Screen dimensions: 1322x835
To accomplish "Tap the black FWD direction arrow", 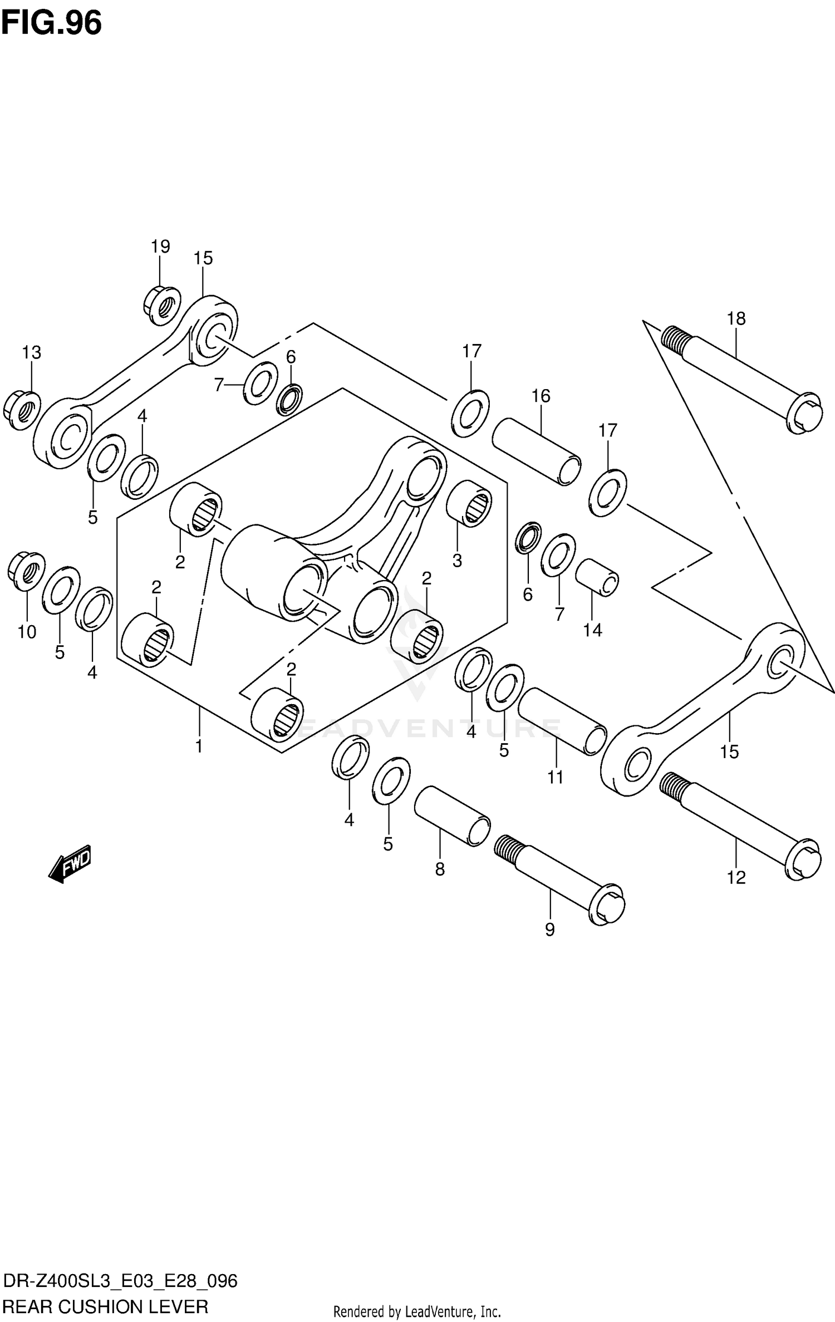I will click(x=70, y=864).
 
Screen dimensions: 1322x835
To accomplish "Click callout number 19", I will click(x=160, y=246).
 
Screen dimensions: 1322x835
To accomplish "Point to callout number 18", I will click(x=735, y=318).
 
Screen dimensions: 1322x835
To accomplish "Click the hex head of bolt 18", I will click(x=804, y=414).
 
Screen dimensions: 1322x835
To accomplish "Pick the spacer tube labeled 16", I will click(x=536, y=451).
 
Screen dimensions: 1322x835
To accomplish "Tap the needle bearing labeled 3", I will click(x=469, y=503).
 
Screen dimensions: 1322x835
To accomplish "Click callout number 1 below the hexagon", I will click(x=199, y=746).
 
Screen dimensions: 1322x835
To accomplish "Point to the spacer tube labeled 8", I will click(x=452, y=816).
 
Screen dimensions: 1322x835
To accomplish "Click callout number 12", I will click(x=735, y=878).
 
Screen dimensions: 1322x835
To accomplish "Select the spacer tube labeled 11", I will click(x=561, y=720).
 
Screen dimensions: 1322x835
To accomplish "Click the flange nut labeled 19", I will click(x=161, y=304).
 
